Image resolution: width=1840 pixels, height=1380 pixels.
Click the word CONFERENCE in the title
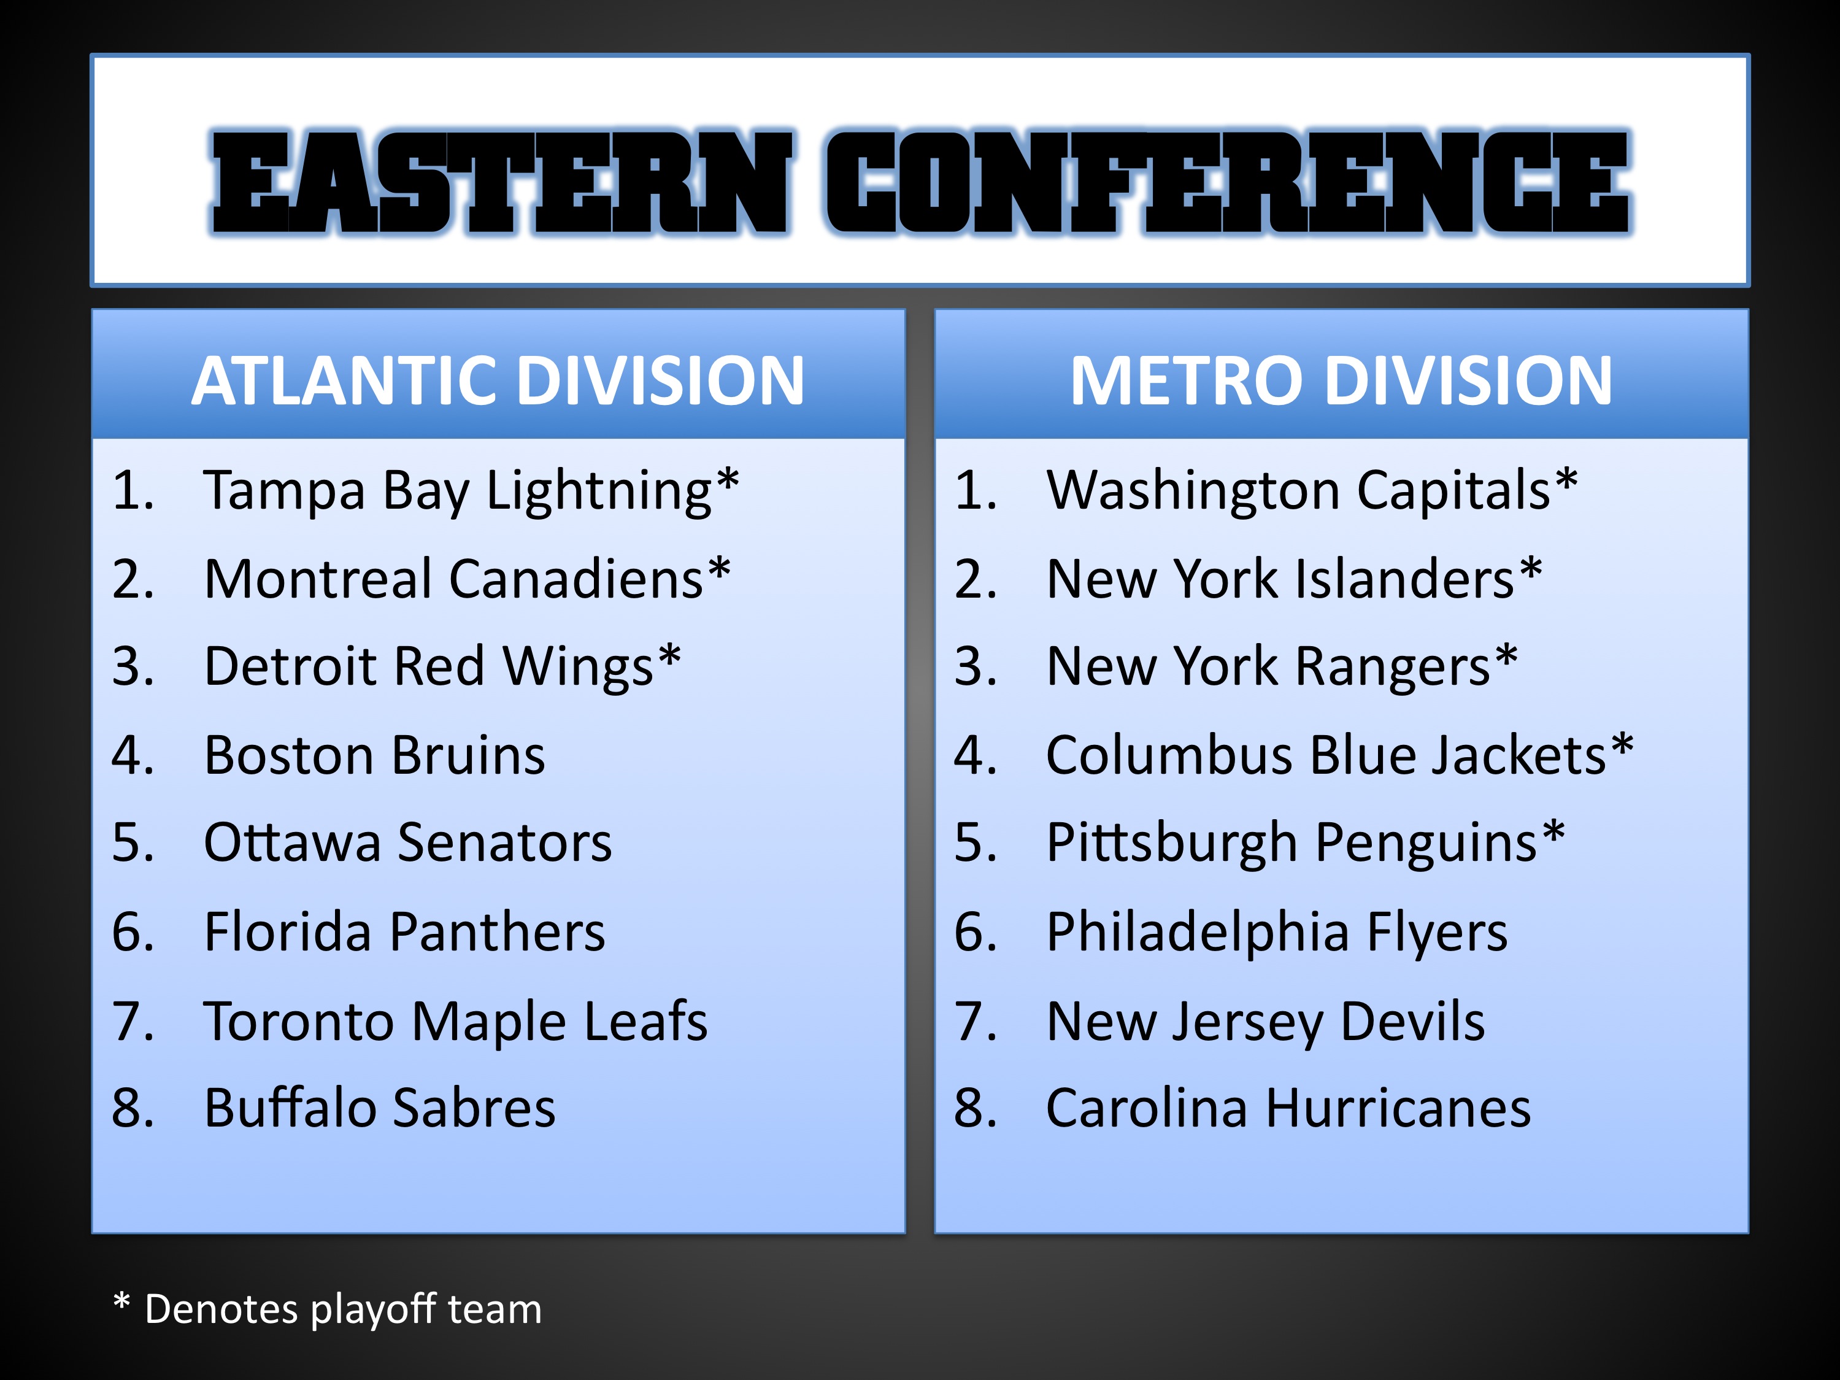1228,182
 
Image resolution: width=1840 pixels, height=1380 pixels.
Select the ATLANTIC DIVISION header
498,380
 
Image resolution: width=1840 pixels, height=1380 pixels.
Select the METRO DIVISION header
1341,380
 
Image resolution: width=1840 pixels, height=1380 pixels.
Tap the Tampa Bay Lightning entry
471,491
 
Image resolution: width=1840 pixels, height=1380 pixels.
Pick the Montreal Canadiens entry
467,579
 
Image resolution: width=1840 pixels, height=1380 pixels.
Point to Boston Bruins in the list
374,755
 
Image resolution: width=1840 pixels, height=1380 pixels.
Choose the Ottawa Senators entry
407,842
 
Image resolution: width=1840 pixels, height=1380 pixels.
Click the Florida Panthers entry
404,931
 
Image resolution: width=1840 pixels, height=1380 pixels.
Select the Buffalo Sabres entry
379,1108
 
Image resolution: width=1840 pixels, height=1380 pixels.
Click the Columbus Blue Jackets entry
1339,755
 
